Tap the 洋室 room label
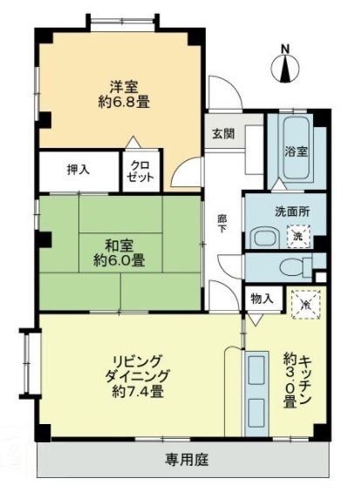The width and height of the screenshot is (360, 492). click(122, 85)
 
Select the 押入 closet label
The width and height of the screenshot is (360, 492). click(79, 170)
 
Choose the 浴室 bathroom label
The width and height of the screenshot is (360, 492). click(296, 151)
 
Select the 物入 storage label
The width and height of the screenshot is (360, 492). click(262, 299)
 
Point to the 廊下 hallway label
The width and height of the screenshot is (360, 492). click(222, 228)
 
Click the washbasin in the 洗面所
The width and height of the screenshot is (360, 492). click(263, 237)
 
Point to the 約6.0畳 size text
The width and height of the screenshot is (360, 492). click(119, 259)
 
